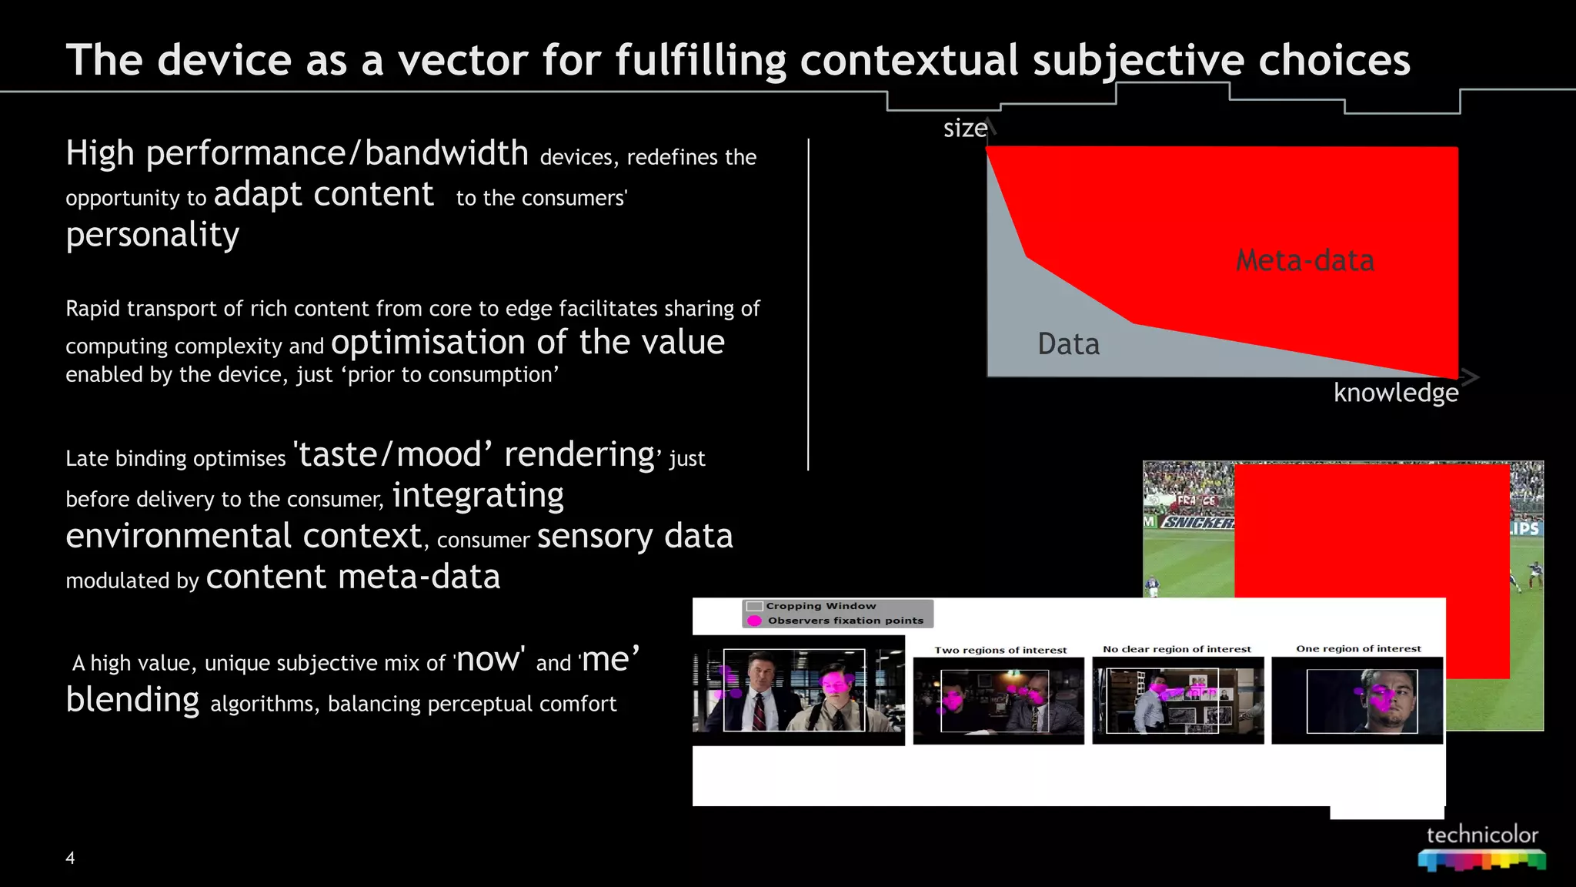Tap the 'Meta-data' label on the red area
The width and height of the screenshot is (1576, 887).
[1305, 260]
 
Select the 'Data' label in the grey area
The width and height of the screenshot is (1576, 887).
[1068, 343]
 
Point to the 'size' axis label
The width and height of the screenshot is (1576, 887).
[965, 128]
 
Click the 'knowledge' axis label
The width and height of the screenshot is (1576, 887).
[1395, 393]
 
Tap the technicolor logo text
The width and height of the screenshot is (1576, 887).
[1482, 835]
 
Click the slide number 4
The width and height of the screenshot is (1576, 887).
[70, 858]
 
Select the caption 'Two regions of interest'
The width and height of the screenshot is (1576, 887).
[1000, 650]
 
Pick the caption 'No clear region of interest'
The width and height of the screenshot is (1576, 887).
[1177, 649]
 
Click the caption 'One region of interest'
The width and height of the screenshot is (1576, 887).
[1358, 648]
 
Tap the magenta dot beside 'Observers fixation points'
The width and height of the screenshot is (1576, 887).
[754, 621]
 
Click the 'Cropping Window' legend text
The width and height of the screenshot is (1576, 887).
[820, 606]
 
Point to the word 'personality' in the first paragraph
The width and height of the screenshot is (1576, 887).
[152, 234]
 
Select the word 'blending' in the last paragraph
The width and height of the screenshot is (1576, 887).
[132, 700]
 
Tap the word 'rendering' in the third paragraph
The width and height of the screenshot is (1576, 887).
[579, 454]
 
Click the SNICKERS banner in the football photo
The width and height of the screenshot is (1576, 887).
[1197, 522]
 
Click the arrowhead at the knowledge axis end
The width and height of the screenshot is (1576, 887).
[1470, 377]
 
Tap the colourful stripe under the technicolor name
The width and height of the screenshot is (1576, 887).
[1482, 860]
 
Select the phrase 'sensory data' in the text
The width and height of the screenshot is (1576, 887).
[635, 536]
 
